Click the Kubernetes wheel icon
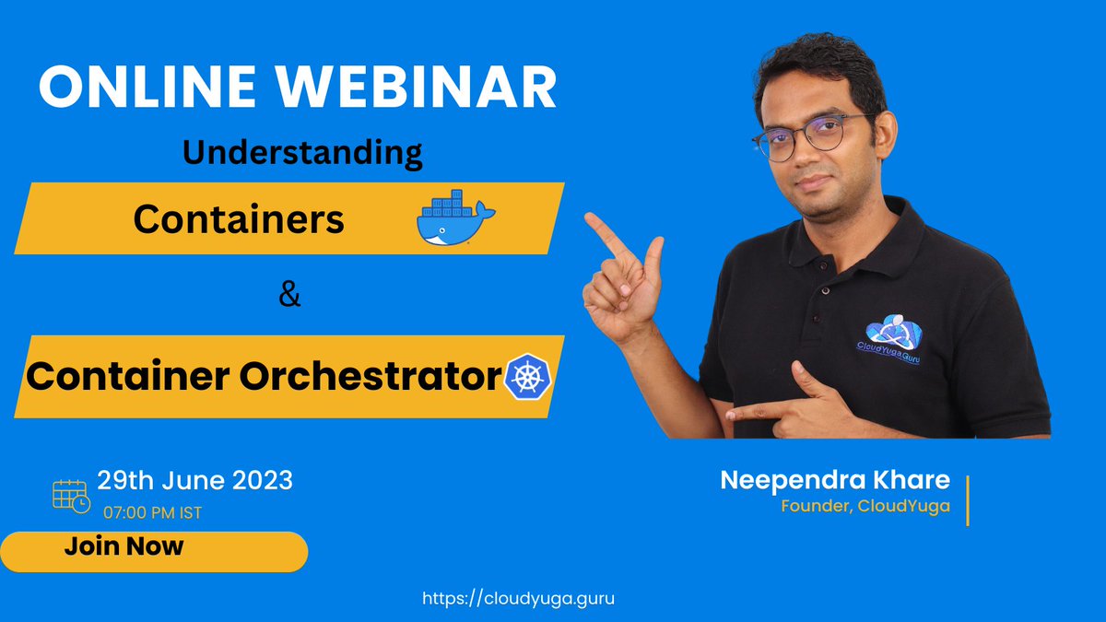(528, 377)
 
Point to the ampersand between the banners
(289, 297)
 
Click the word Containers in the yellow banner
(239, 219)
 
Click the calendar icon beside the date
(71, 496)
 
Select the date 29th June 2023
(195, 480)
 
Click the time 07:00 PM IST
(152, 512)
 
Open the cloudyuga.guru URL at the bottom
(518, 598)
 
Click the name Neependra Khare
(835, 480)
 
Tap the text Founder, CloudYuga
(865, 506)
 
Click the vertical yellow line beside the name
(967, 500)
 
